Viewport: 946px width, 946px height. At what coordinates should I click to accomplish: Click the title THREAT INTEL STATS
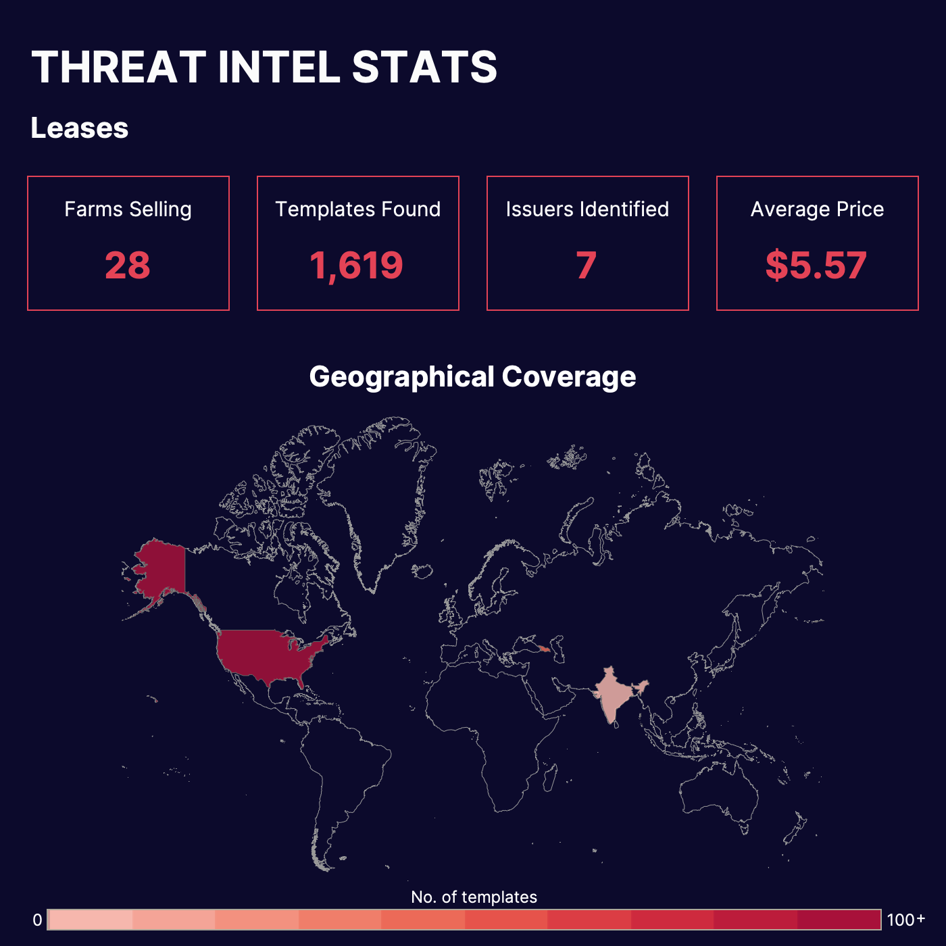pos(264,67)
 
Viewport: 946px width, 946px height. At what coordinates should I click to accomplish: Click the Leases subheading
pos(80,128)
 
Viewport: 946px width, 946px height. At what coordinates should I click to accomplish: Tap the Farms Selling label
pos(128,209)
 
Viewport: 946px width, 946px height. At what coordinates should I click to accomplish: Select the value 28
pos(128,265)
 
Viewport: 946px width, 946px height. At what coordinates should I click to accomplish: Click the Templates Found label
pos(357,209)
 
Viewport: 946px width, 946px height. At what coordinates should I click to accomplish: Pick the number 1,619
pos(357,265)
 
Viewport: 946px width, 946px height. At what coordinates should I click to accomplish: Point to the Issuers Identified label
pos(587,209)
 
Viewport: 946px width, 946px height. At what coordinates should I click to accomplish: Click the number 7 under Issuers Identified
pos(587,265)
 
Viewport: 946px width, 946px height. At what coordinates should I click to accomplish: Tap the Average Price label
pos(817,209)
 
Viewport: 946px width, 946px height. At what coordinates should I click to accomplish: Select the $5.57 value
pos(816,265)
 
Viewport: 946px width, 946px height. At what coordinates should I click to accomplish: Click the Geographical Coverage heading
pos(472,377)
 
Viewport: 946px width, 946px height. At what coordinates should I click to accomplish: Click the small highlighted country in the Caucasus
pos(545,649)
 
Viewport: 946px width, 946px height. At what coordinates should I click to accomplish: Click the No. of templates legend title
pos(474,897)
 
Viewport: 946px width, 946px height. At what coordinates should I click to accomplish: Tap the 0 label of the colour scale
pos(38,920)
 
